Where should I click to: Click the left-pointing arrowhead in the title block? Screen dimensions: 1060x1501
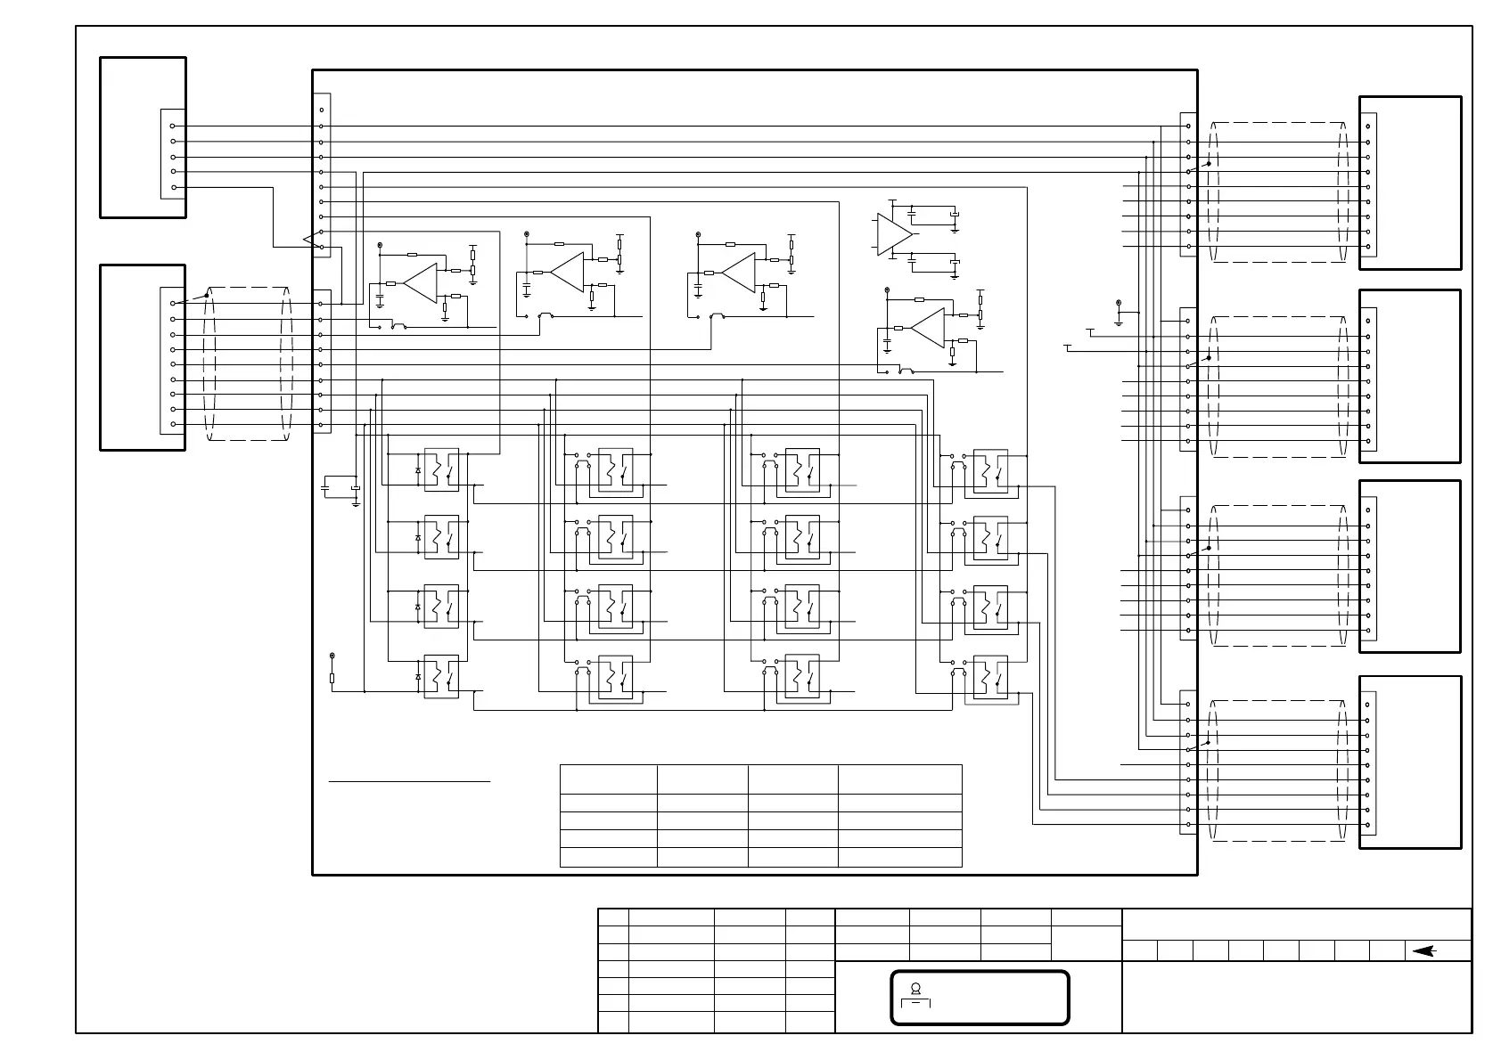click(x=1423, y=951)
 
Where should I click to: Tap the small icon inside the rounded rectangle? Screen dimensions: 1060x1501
click(x=915, y=988)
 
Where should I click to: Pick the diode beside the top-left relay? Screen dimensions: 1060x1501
click(x=418, y=470)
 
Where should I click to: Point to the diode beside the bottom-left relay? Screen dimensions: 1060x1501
click(x=418, y=677)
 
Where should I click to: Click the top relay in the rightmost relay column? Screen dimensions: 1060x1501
click(x=990, y=470)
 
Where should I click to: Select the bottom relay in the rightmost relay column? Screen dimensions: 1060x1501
click(x=990, y=677)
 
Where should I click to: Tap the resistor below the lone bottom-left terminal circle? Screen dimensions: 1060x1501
click(x=332, y=679)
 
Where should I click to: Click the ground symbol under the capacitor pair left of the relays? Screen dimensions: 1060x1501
click(x=356, y=504)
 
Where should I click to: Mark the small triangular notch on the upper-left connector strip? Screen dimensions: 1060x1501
click(x=308, y=240)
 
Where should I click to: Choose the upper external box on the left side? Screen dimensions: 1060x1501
click(x=143, y=137)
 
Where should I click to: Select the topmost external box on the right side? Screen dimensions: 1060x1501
click(x=1410, y=183)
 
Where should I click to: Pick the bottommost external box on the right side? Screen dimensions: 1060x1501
click(x=1410, y=762)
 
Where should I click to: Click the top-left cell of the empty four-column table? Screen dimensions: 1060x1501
click(x=609, y=779)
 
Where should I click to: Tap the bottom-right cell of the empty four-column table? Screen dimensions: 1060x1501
click(x=899, y=857)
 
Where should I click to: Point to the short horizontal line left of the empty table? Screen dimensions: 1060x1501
click(x=409, y=782)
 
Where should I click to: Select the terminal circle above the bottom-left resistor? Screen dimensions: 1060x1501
click(x=332, y=656)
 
